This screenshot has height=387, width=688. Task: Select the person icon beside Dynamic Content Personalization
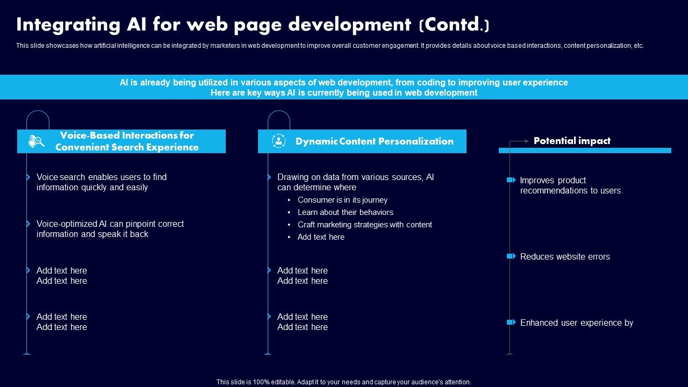click(x=278, y=141)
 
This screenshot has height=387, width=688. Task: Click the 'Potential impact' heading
click(x=572, y=141)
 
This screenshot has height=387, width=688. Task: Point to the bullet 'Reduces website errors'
click(x=565, y=257)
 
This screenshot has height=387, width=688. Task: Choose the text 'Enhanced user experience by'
click(x=577, y=323)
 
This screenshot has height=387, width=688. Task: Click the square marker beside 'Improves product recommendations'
click(x=511, y=180)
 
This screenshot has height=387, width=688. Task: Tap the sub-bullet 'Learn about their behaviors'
click(x=345, y=212)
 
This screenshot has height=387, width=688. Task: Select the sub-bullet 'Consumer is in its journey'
click(x=342, y=200)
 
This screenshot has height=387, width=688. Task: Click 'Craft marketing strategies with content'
click(x=364, y=225)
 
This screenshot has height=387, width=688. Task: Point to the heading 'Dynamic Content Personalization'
click(x=374, y=141)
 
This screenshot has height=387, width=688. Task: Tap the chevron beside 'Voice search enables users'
click(x=28, y=177)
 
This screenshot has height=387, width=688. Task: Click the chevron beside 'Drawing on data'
click(x=269, y=177)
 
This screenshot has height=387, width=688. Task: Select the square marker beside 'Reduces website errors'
click(x=511, y=256)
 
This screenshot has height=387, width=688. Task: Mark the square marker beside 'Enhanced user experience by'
click(x=511, y=322)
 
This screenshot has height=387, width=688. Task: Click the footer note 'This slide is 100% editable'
click(x=343, y=382)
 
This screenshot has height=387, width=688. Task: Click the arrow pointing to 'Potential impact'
click(x=520, y=141)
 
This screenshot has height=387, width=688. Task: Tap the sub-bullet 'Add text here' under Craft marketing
click(x=321, y=237)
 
